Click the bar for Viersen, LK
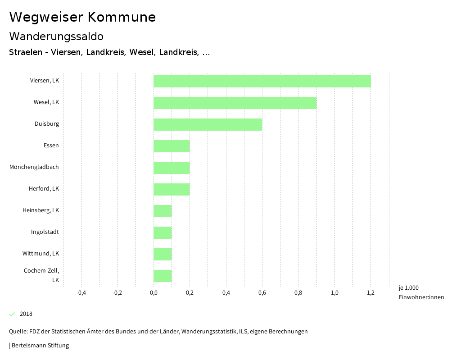point(262,82)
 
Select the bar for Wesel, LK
point(235,103)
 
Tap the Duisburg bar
point(208,125)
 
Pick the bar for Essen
point(172,146)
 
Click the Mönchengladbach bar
point(172,168)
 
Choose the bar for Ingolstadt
point(163,233)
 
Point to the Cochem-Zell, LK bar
point(163,276)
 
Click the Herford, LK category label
point(44,189)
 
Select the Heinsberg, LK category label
point(41,210)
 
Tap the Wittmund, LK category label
point(41,254)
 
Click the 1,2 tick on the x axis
point(371,293)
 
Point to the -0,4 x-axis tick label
point(81,293)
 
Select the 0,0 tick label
point(154,293)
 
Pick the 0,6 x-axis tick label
point(262,293)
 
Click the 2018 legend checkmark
point(12,314)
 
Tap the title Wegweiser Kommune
point(82,17)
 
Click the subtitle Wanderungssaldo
point(56,36)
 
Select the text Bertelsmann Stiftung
point(40,346)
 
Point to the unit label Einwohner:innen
point(421,297)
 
